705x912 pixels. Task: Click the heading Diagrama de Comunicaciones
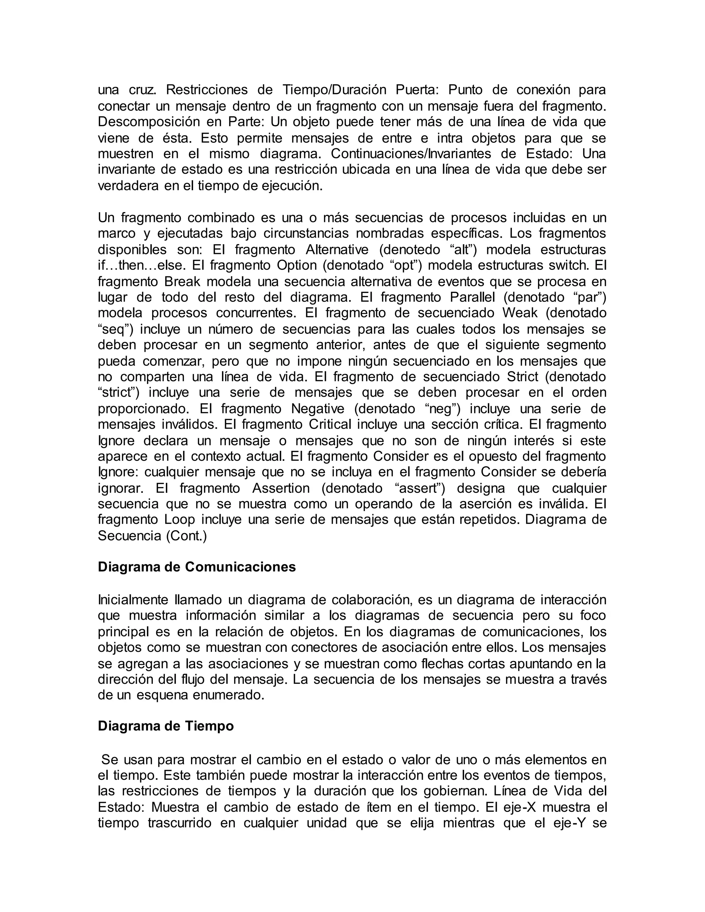click(196, 567)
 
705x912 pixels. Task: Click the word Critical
click(330, 425)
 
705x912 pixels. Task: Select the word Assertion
click(281, 488)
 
